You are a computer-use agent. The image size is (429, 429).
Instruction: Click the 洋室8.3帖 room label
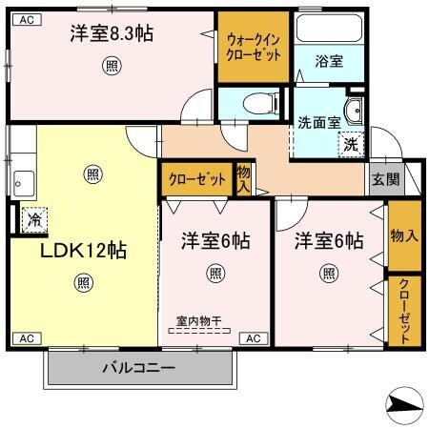point(112,34)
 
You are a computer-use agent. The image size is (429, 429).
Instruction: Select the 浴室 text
point(330,61)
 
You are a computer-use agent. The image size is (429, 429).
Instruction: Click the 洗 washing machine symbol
point(350,146)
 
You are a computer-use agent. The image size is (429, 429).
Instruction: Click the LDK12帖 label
point(83,251)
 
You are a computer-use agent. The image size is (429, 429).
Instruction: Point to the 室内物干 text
point(198,321)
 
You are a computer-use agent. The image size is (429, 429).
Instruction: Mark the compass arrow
point(403,405)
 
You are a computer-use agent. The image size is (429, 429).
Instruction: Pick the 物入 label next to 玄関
point(403,235)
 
